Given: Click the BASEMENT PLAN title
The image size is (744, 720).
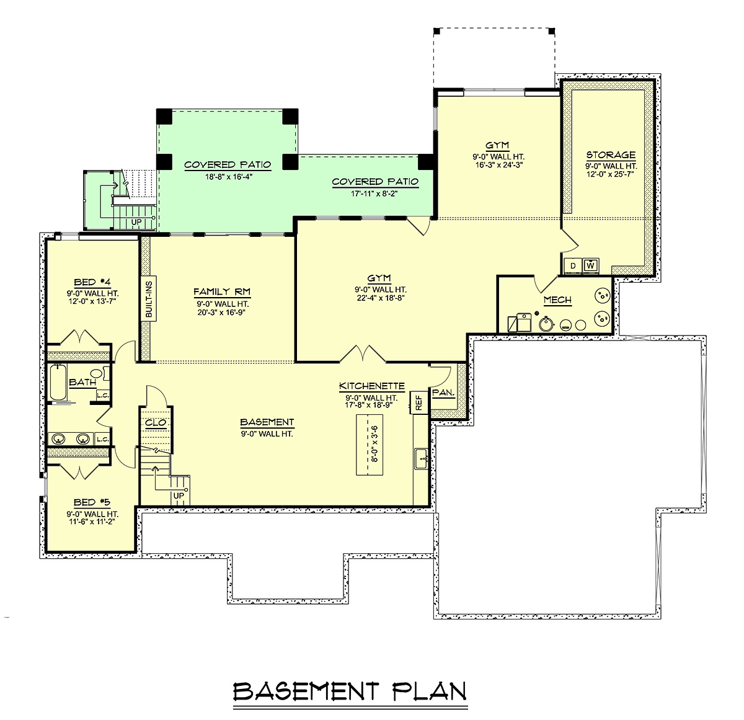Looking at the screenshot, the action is pyautogui.click(x=350, y=691).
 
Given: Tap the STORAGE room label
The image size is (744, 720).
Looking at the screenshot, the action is pyautogui.click(x=611, y=155).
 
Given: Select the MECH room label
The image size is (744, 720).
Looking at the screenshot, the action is pyautogui.click(x=557, y=300).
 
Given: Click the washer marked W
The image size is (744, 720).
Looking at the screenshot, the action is pyautogui.click(x=591, y=265).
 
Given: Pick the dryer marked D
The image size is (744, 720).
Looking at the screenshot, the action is pyautogui.click(x=573, y=265).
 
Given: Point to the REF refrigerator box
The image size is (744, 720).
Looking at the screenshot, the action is pyautogui.click(x=418, y=402).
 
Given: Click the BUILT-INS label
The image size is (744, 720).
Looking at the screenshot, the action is pyautogui.click(x=149, y=299).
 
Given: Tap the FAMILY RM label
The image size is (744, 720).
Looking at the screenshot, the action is pyautogui.click(x=222, y=291).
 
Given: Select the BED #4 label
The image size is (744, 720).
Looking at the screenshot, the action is pyautogui.click(x=92, y=282).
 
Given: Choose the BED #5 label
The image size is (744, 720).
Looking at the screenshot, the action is pyautogui.click(x=92, y=502).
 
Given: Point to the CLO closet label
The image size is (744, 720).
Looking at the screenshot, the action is pyautogui.click(x=156, y=423).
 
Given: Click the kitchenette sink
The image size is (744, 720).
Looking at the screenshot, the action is pyautogui.click(x=421, y=458).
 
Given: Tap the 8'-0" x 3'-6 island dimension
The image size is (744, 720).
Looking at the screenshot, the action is pyautogui.click(x=374, y=443).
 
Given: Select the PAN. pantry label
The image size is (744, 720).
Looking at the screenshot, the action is pyautogui.click(x=443, y=393).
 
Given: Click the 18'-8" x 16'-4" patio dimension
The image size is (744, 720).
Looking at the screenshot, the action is pyautogui.click(x=229, y=177).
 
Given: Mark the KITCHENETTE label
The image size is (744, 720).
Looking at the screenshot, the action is pyautogui.click(x=371, y=386).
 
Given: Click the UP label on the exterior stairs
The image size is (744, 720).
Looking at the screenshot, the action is pyautogui.click(x=136, y=222).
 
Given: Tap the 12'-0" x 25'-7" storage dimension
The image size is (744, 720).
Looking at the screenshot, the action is pyautogui.click(x=611, y=174).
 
